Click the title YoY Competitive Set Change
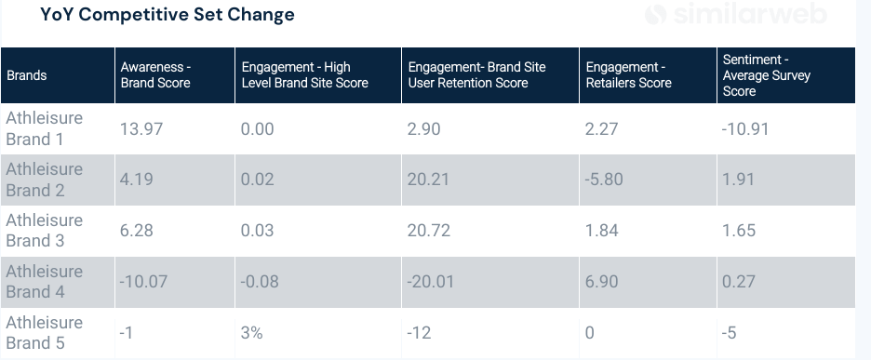point(167,15)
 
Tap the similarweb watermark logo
point(748,15)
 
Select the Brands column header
point(26,75)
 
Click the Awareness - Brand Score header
point(155,75)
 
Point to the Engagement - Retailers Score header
point(628,75)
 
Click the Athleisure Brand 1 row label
point(44,129)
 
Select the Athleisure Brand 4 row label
point(44,282)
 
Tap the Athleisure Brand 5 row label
point(44,333)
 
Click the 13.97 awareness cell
point(141,129)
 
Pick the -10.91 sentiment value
point(745,129)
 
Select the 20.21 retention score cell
point(428,180)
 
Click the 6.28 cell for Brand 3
point(137,231)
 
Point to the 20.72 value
point(428,231)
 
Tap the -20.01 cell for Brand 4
point(431,282)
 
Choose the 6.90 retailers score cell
point(601,282)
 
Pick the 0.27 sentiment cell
point(739,282)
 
